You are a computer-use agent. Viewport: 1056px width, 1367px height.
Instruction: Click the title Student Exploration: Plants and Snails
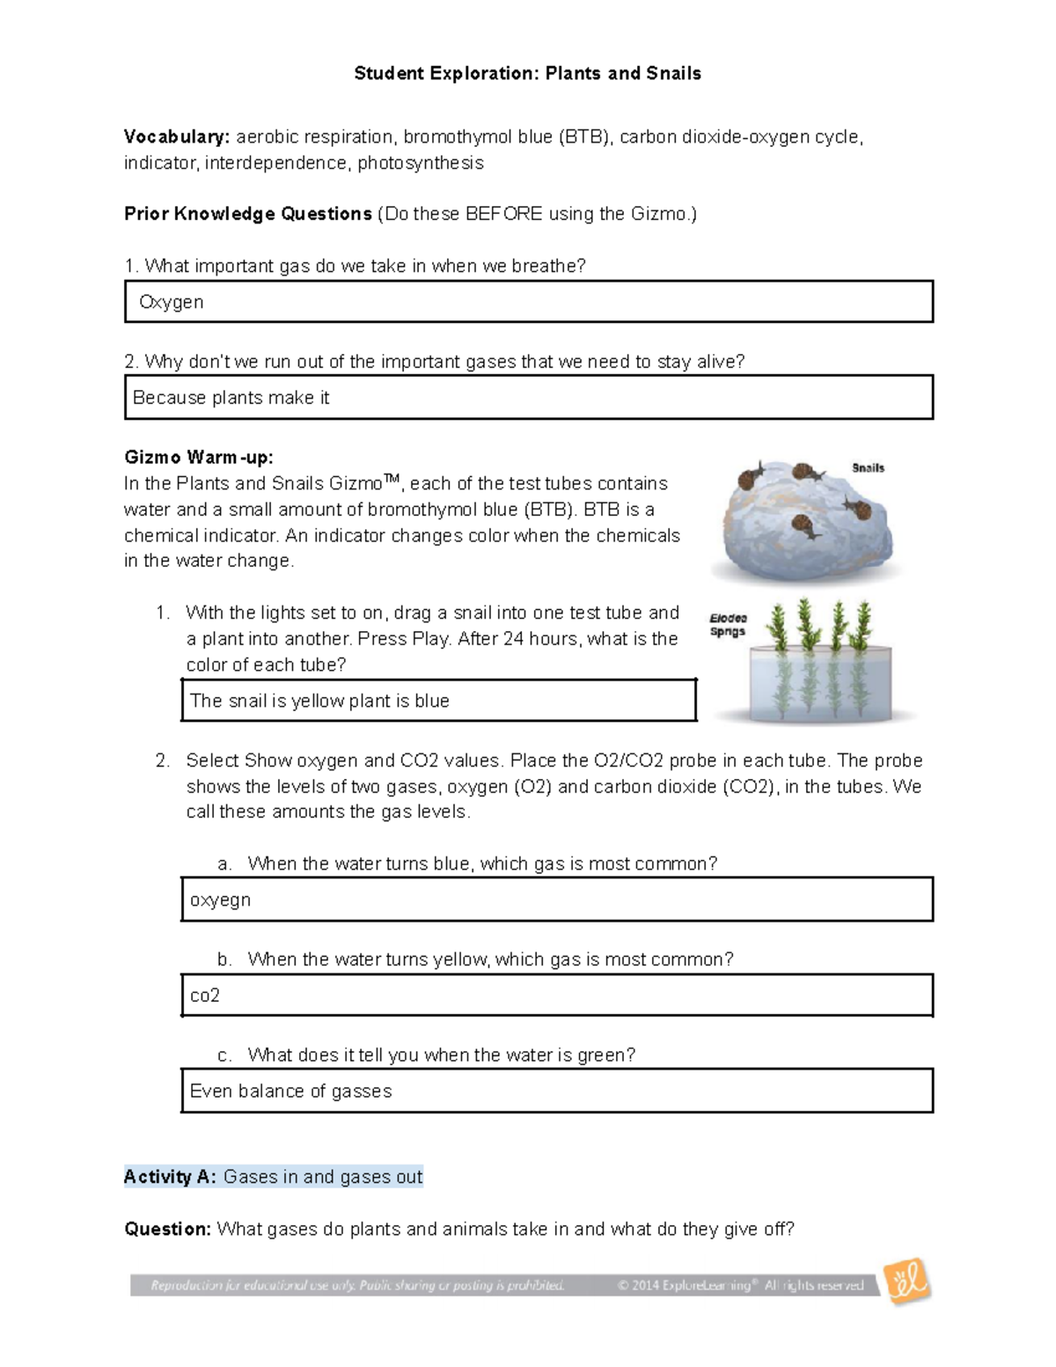(527, 74)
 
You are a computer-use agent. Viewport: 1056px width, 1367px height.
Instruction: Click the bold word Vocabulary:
(177, 137)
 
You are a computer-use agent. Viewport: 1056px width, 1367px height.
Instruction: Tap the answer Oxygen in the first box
(172, 302)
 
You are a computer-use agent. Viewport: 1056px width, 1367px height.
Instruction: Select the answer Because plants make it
(231, 398)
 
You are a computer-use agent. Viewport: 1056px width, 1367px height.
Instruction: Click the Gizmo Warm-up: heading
(199, 458)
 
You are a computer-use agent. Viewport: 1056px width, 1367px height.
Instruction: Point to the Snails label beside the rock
(868, 468)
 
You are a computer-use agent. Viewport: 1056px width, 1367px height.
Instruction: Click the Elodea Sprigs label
(728, 625)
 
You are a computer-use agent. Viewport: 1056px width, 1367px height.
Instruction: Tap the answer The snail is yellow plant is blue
(319, 701)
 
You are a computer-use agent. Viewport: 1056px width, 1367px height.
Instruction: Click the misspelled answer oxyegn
(220, 900)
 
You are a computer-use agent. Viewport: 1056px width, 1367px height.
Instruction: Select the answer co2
(205, 996)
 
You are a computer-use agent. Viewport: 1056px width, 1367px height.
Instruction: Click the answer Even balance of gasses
(290, 1091)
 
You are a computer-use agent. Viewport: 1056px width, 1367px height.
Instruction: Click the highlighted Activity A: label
(170, 1177)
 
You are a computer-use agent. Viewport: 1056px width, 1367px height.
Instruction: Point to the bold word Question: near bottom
(167, 1229)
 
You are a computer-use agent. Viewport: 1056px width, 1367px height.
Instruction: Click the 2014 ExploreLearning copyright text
(739, 1286)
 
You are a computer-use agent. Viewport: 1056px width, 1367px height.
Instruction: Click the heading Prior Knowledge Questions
(248, 214)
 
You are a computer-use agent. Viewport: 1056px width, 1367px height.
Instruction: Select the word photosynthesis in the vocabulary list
(421, 164)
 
